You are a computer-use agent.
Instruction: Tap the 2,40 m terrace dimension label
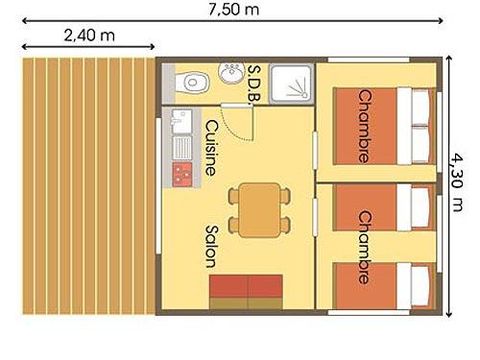[86, 34]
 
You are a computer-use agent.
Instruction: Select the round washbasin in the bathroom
[233, 71]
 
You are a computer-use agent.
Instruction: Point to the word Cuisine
[211, 148]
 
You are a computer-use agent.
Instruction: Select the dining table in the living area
[259, 210]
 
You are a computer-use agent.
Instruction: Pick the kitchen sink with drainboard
[182, 136]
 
